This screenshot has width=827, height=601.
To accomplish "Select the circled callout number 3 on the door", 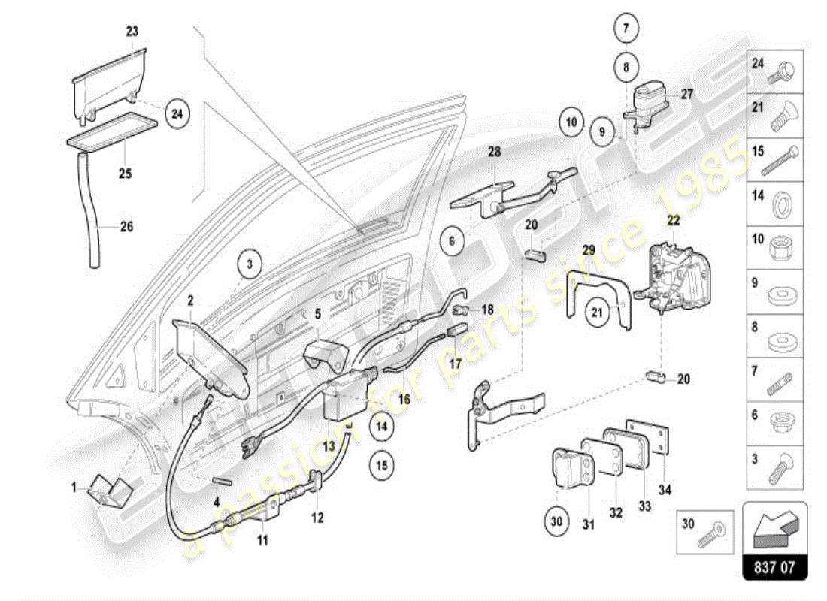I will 249,264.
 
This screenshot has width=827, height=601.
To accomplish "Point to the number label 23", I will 132,32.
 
